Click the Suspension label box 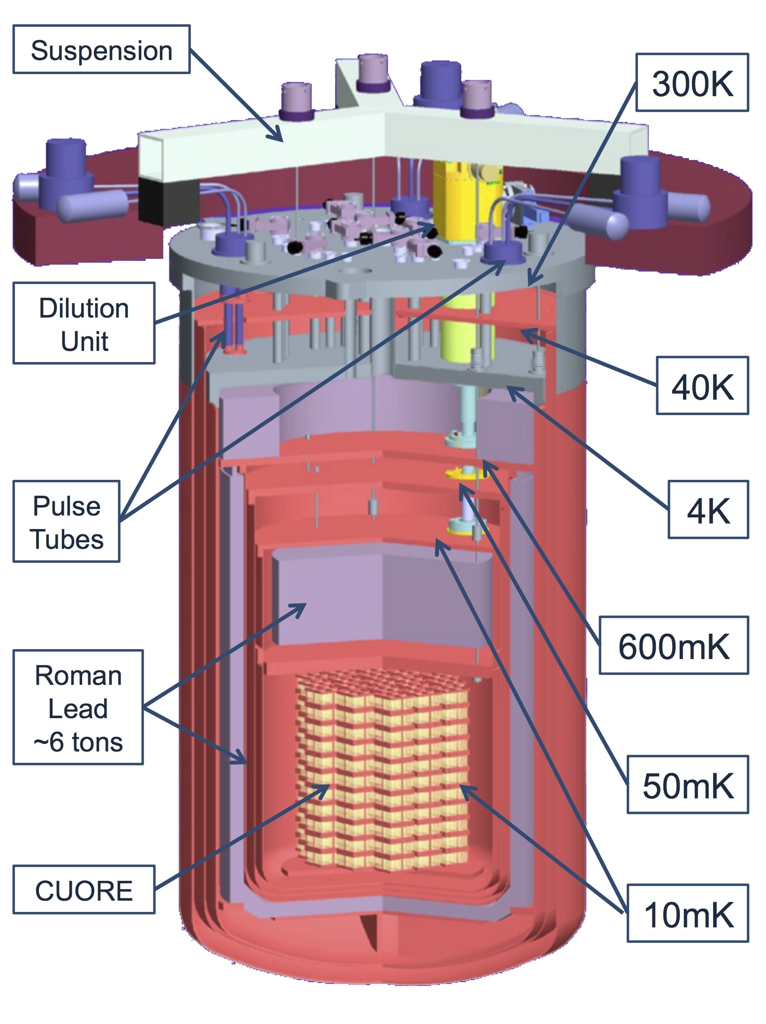coord(101,50)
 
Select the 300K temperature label coord(692,83)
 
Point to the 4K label coord(708,510)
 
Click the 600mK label coord(674,646)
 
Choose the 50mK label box coord(688,785)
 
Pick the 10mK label coord(688,914)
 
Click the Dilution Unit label coord(84,324)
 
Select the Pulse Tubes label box coord(67,522)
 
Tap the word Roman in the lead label coord(78,676)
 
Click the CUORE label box coord(84,890)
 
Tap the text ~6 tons coord(78,743)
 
